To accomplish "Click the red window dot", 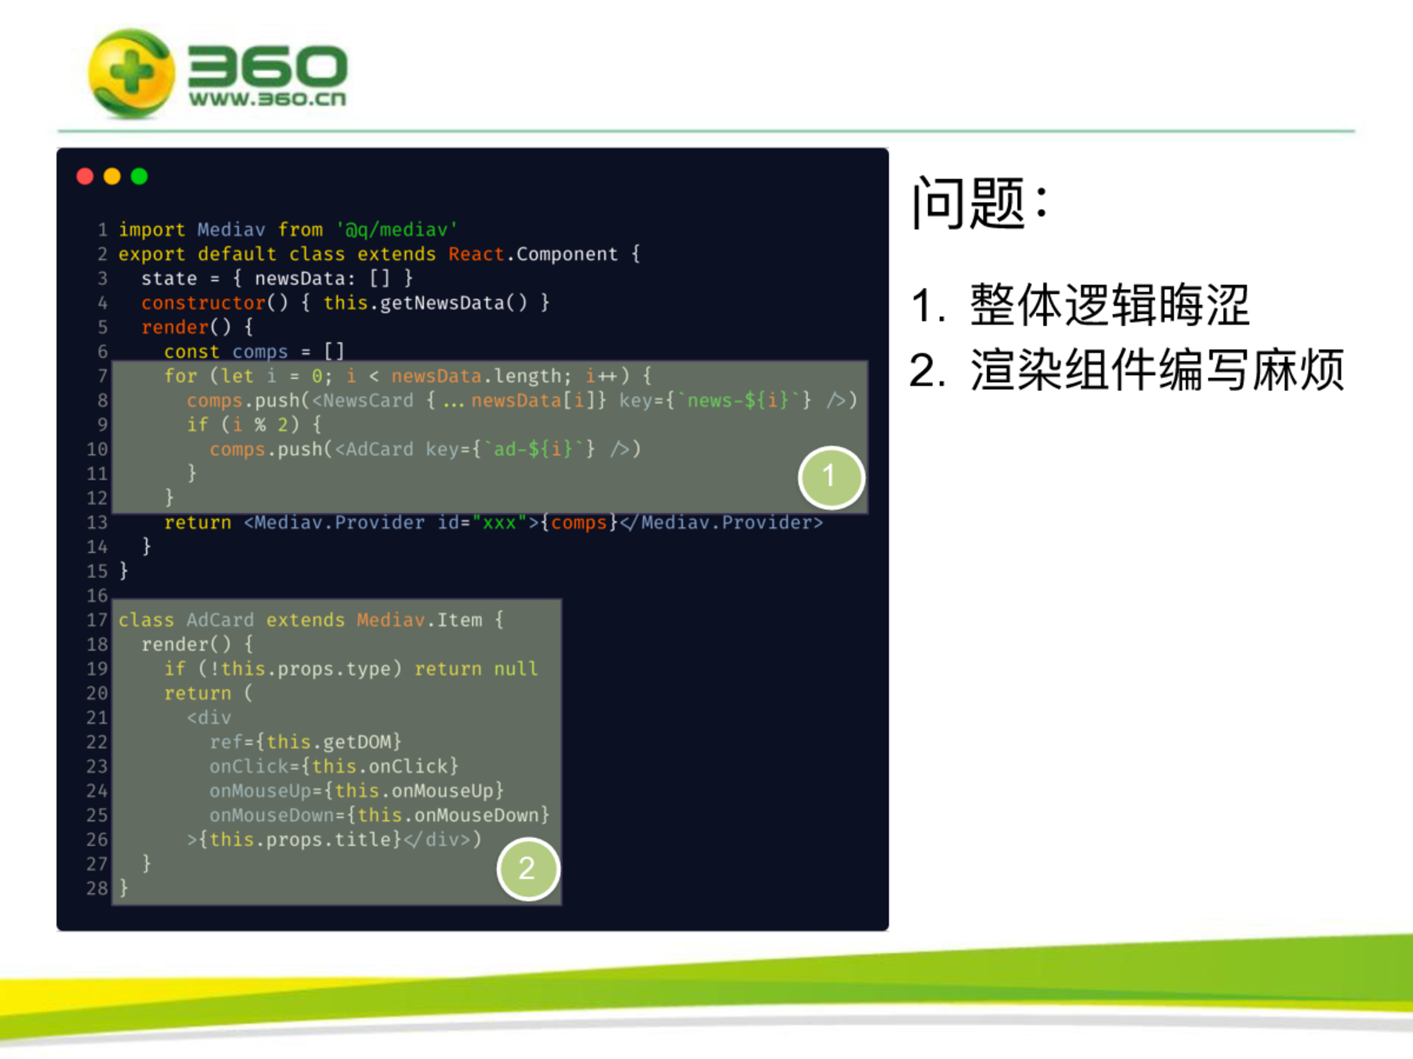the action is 85,176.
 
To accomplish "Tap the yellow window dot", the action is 112,176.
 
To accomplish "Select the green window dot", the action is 139,176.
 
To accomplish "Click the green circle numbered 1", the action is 831,477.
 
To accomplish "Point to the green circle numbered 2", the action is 528,868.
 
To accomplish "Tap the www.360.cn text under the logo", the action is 267,99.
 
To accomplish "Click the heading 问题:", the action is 981,202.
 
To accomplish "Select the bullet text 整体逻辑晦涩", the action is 1110,305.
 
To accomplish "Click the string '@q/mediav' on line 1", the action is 397,229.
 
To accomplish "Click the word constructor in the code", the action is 204,303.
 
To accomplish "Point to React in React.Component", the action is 476,254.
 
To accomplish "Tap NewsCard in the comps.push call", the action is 369,400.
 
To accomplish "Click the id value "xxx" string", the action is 500,523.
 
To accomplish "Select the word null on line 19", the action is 516,669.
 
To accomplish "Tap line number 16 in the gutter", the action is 98,596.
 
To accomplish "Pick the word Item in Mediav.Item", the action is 460,620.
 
